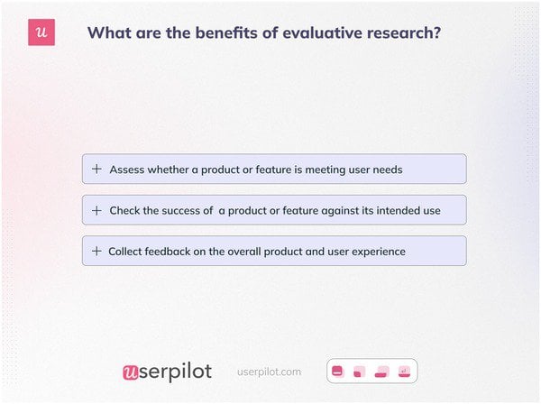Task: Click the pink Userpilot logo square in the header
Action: point(41,32)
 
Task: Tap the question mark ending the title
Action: point(436,33)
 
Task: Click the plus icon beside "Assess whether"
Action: point(96,169)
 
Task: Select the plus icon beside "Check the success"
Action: point(96,210)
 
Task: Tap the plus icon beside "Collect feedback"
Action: point(96,251)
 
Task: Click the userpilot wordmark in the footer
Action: point(167,372)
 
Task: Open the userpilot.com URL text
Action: point(269,372)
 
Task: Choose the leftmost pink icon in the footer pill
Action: point(338,371)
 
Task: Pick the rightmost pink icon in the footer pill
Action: point(405,371)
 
